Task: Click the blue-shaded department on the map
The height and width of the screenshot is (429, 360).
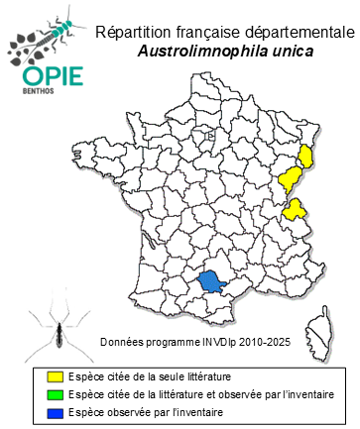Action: pyautogui.click(x=211, y=282)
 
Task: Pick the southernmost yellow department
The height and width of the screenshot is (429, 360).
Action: pyautogui.click(x=295, y=209)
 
